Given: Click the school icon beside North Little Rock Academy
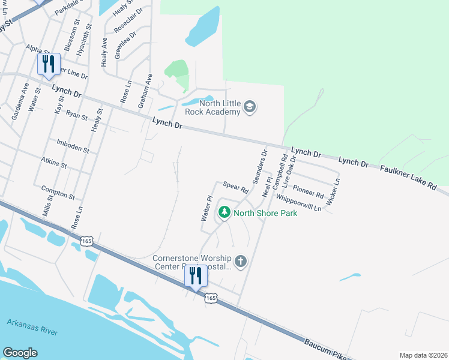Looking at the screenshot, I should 250,108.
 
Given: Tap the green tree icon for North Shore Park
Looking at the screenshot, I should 224,212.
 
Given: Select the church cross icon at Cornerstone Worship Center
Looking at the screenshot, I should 240,260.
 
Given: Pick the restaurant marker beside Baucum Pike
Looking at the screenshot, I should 196,277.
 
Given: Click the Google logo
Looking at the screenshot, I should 20,353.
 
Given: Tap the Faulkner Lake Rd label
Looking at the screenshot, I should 408,178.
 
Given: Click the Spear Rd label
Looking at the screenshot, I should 236,187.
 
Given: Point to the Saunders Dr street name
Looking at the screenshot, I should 259,166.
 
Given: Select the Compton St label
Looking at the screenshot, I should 58,193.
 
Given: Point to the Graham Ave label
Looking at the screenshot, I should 145,91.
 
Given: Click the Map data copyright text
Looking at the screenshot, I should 423,355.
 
